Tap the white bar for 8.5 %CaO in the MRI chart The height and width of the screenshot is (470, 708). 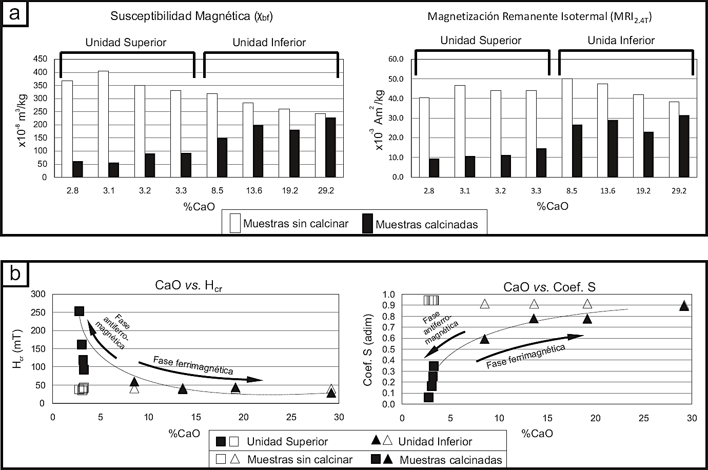[x=567, y=128]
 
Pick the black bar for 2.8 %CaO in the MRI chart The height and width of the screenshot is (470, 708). [x=434, y=168]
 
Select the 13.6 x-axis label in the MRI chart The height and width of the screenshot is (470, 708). [x=607, y=190]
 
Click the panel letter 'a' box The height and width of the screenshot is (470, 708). [x=14, y=13]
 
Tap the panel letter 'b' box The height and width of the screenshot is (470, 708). [x=14, y=275]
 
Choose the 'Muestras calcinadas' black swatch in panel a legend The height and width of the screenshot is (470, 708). [x=367, y=224]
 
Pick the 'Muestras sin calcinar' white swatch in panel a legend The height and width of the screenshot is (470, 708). [x=235, y=224]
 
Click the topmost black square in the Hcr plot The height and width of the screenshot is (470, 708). [x=79, y=311]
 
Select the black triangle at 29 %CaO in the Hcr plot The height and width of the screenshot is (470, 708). [x=331, y=393]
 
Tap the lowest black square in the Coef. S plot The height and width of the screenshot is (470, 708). [x=429, y=397]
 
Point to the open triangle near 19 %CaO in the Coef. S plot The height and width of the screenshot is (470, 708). [x=587, y=304]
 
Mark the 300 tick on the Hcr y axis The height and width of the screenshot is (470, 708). [x=38, y=294]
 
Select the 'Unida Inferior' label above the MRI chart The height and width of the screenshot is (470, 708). [x=621, y=40]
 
